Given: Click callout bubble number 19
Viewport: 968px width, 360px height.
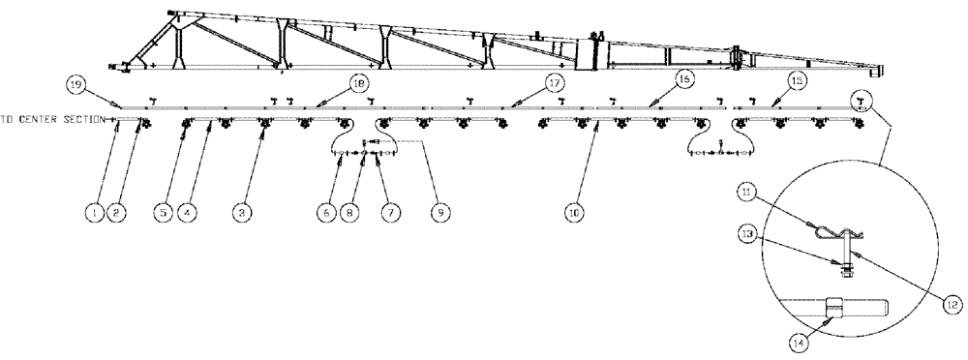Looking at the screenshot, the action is click(76, 85).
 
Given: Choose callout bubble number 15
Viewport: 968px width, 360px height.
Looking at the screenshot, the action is click(797, 81).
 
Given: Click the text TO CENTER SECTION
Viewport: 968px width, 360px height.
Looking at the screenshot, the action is click(54, 120).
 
